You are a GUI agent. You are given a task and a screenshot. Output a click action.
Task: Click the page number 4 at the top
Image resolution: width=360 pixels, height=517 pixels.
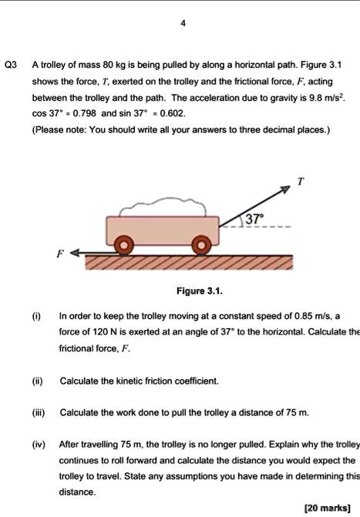[182, 23]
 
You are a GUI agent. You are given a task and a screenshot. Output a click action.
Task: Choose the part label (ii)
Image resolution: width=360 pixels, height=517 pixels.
[37, 381]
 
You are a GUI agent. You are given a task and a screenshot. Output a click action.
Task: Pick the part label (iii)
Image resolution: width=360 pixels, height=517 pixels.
[38, 413]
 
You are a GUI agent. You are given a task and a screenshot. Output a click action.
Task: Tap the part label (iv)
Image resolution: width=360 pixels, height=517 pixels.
[39, 445]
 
